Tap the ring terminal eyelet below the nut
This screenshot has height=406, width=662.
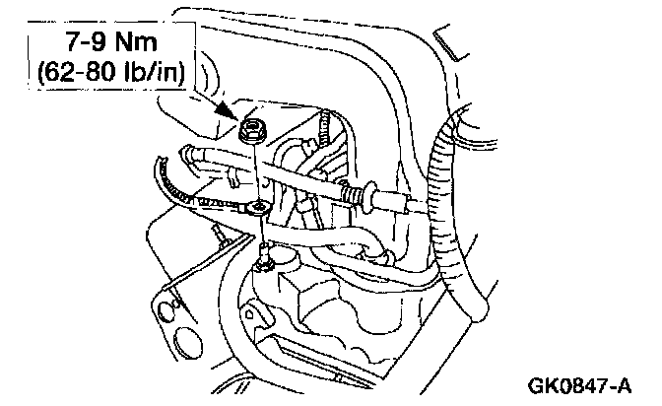(257, 208)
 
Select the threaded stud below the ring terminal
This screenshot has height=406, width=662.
(263, 258)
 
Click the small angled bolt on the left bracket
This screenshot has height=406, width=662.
(219, 237)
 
